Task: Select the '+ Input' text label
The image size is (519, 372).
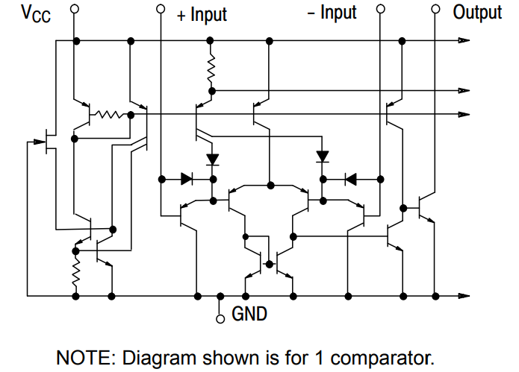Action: point(202,13)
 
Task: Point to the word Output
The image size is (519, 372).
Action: point(477,13)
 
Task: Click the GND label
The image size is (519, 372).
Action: point(249,314)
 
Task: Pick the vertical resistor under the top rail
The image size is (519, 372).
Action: point(211,69)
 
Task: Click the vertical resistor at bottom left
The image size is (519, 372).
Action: point(75,271)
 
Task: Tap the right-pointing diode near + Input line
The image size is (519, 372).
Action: point(187,179)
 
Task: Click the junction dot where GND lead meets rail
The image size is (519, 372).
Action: point(220,296)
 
